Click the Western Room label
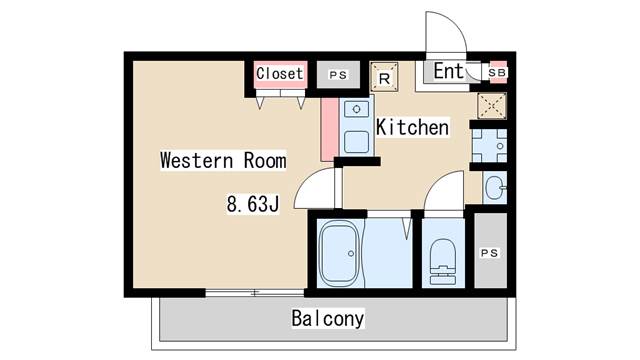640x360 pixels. click(x=223, y=160)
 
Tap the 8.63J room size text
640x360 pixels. click(x=253, y=204)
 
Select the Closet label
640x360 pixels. click(x=280, y=73)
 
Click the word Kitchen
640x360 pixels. click(x=412, y=127)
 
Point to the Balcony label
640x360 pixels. click(x=328, y=318)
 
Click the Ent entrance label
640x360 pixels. click(x=449, y=71)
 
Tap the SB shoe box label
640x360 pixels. click(x=497, y=73)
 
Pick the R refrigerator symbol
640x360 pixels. click(x=384, y=77)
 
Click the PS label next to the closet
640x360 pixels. click(x=338, y=75)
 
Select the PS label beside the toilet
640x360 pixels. click(x=489, y=253)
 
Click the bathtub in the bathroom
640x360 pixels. click(x=340, y=253)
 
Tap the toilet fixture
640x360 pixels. click(x=443, y=262)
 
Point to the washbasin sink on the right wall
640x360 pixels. click(x=495, y=188)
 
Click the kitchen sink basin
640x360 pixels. click(x=357, y=141)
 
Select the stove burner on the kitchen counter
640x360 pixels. click(x=356, y=109)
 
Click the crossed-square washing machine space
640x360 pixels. click(x=492, y=106)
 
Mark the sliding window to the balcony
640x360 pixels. click(x=255, y=293)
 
